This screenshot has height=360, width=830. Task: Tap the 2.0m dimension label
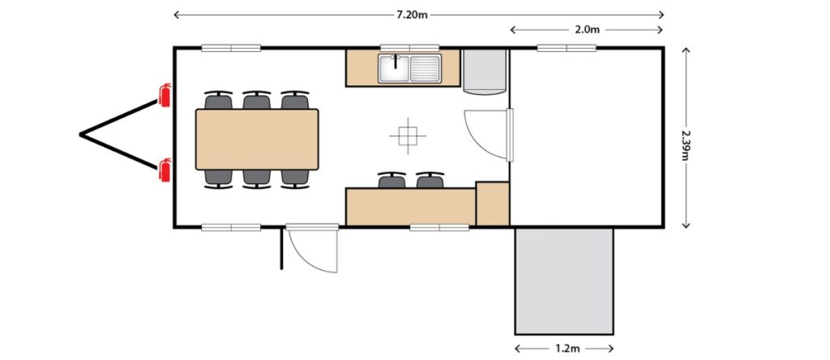point(586,30)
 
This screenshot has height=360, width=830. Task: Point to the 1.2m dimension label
point(566,349)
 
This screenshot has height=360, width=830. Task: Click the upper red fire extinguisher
point(165,95)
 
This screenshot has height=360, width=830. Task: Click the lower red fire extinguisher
point(165,169)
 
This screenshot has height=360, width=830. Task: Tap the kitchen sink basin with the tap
point(395,68)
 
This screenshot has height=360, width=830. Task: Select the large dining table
point(257,139)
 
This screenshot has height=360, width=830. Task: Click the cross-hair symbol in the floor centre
point(406,135)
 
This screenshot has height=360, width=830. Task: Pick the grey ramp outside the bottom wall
point(564,281)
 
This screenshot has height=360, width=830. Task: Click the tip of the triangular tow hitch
point(82,135)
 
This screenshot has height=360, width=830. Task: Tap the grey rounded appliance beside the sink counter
point(485,71)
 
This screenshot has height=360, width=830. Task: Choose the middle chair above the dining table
point(257,101)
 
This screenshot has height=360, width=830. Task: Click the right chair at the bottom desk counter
point(430,179)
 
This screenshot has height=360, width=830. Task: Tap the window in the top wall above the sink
point(409,48)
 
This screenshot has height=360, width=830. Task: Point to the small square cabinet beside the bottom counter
point(492,204)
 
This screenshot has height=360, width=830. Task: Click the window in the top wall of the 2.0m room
point(567,48)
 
